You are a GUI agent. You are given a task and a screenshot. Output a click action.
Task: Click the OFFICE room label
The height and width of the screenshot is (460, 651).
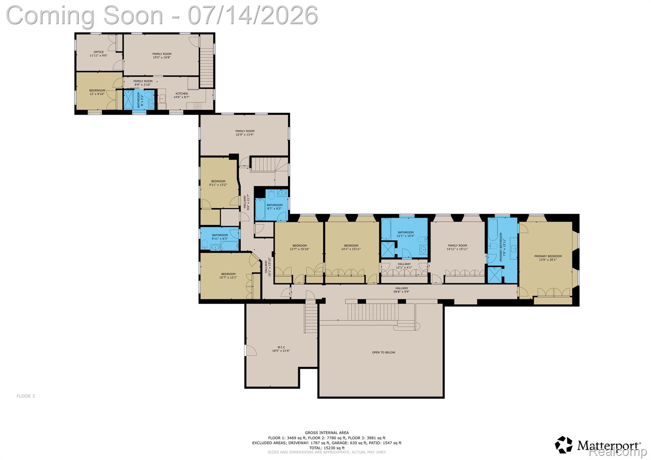tap(99, 52)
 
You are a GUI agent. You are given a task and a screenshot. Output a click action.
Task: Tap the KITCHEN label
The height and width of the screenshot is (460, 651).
tap(182, 94)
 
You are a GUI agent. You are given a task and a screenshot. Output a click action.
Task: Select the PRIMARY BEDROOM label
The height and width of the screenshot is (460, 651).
tap(548, 256)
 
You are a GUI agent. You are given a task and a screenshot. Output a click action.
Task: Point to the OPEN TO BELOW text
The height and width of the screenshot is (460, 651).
tap(383, 353)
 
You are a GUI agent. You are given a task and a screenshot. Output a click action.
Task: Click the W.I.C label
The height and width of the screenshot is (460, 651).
tap(281, 347)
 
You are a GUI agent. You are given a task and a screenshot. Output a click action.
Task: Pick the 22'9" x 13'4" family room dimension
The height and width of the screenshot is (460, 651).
tap(245, 134)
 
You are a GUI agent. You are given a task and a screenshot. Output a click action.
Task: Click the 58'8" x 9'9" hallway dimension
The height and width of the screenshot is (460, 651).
tap(402, 292)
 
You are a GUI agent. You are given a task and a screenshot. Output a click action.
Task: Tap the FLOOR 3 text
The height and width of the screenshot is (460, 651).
tap(26, 396)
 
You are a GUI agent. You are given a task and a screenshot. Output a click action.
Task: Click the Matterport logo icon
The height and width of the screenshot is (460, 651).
tap(564, 444)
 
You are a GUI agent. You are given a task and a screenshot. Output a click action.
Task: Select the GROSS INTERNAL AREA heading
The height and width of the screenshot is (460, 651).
tap(326, 433)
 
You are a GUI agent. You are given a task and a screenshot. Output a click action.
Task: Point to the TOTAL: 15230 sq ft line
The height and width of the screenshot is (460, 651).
tap(326, 448)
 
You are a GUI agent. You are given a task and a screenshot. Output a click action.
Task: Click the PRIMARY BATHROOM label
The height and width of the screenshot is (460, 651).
tap(501, 247)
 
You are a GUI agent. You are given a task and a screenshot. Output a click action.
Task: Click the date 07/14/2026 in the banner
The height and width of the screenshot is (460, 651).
tap(253, 15)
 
